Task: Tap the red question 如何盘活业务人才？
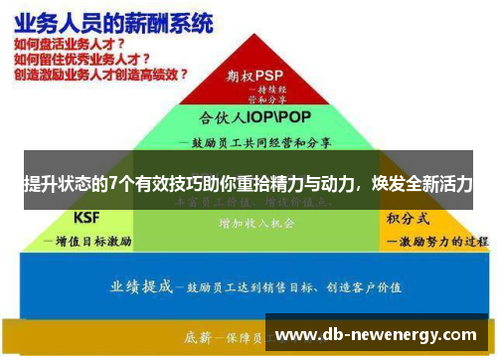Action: click(x=70, y=44)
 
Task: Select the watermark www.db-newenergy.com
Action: click(x=378, y=334)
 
